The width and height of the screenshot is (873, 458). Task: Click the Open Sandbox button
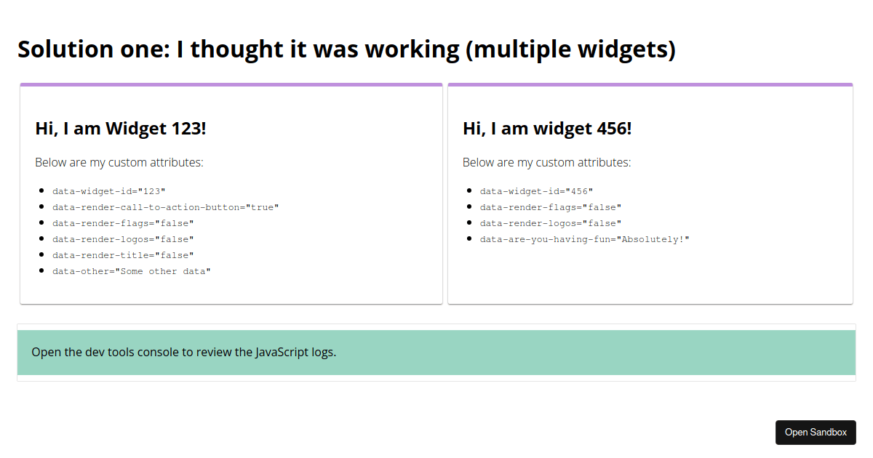816,433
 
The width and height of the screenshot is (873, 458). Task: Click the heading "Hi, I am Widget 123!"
121,129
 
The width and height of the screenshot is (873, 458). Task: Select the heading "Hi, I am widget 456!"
547,129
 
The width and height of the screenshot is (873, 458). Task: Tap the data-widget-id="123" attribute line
108,191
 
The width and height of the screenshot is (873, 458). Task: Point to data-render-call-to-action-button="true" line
166,207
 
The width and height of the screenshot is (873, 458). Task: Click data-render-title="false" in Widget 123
123,255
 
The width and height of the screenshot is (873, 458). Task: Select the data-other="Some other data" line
132,271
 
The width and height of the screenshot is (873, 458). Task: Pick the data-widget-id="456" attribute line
536,191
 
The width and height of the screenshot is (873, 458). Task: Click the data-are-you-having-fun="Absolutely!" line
584,239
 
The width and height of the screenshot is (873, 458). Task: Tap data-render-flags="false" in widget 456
550,207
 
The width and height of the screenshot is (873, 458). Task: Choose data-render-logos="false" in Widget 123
123,239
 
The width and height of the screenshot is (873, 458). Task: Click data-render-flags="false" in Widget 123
123,223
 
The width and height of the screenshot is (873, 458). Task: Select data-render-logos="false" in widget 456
550,223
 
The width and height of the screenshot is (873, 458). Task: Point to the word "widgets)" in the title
626,50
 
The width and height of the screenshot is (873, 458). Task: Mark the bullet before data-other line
41,270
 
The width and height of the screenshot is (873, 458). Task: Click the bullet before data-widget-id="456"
469,190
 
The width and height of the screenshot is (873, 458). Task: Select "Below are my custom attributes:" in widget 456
546,162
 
